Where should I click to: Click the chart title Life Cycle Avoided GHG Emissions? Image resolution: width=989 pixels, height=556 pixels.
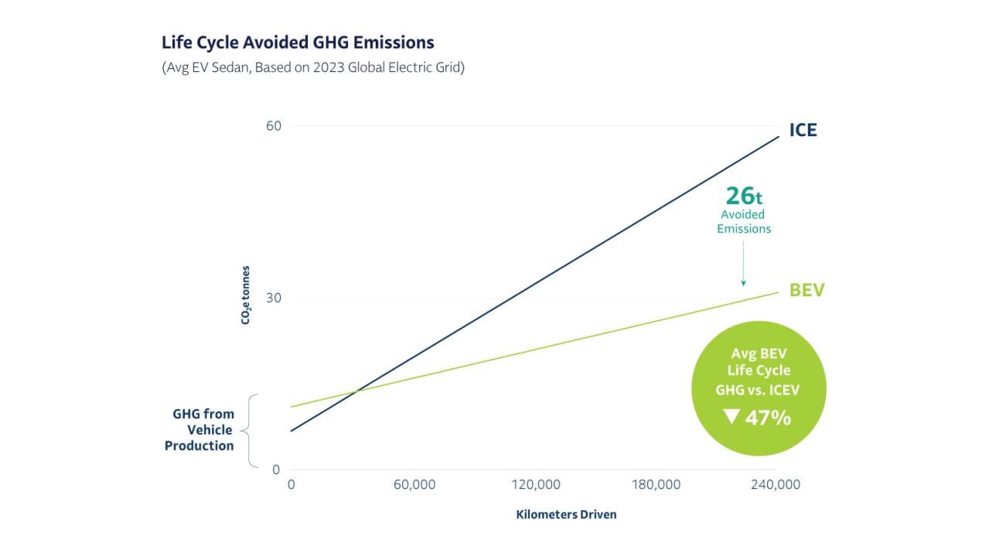(x=298, y=42)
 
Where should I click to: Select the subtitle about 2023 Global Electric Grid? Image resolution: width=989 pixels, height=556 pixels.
(x=312, y=67)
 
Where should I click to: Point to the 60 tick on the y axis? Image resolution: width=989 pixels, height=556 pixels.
(x=272, y=126)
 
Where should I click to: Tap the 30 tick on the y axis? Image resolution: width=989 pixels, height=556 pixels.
(x=272, y=298)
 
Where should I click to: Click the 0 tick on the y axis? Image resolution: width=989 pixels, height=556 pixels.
(x=275, y=469)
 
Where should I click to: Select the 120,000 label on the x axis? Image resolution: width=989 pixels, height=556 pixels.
(x=536, y=485)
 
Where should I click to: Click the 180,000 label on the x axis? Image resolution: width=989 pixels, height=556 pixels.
(x=656, y=485)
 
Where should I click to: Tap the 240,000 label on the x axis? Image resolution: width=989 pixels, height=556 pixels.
(x=776, y=485)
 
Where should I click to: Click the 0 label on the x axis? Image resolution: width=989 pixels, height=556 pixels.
(x=292, y=485)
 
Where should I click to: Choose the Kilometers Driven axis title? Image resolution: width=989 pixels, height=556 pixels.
(x=566, y=514)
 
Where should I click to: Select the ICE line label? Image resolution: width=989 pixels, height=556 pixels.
(x=803, y=131)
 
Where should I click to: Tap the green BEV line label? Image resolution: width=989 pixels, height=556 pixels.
(x=807, y=291)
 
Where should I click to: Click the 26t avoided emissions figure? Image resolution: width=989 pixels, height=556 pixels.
(x=743, y=196)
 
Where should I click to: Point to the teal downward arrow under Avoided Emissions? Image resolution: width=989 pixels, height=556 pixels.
(x=743, y=263)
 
